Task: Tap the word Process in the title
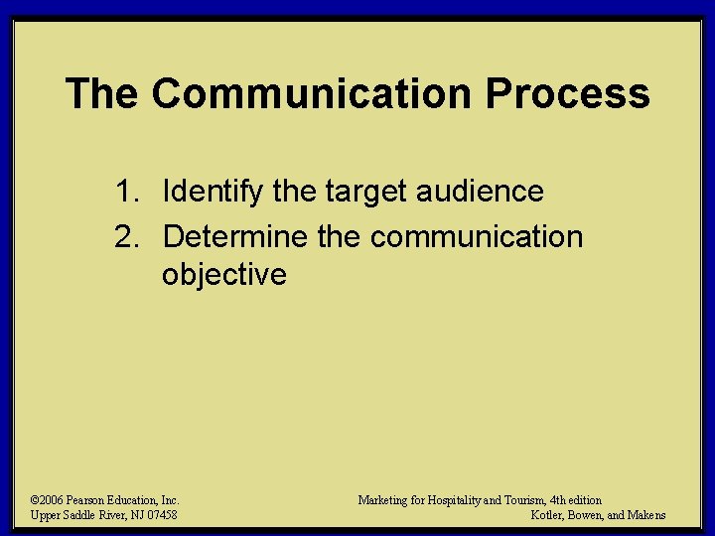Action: tap(567, 94)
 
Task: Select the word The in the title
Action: tap(102, 94)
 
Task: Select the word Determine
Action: tap(234, 237)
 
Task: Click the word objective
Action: tap(223, 274)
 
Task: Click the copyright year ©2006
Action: tap(48, 500)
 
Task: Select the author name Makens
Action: tap(644, 515)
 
